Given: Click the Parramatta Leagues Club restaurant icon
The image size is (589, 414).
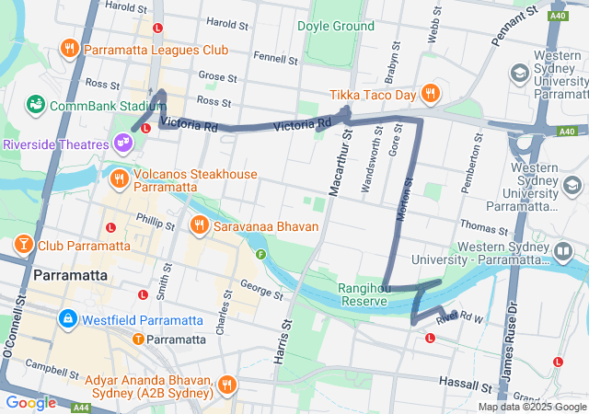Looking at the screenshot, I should (69, 48).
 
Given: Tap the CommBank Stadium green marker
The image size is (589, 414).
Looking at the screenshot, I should (37, 105).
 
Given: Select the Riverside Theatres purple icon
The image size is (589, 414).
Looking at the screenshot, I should (122, 143).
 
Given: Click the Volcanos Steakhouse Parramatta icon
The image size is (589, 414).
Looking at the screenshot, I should (119, 178).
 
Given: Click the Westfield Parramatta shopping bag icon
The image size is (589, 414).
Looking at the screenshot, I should (67, 319).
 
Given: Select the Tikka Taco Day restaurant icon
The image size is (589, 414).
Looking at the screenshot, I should (430, 93).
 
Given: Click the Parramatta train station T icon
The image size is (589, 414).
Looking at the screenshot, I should (138, 339).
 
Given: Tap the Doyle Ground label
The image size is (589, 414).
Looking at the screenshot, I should (336, 26).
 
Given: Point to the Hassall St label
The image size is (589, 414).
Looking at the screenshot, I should (466, 385).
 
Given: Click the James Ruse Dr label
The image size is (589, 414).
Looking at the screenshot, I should (509, 341).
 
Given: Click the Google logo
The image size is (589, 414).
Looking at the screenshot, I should (29, 402).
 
